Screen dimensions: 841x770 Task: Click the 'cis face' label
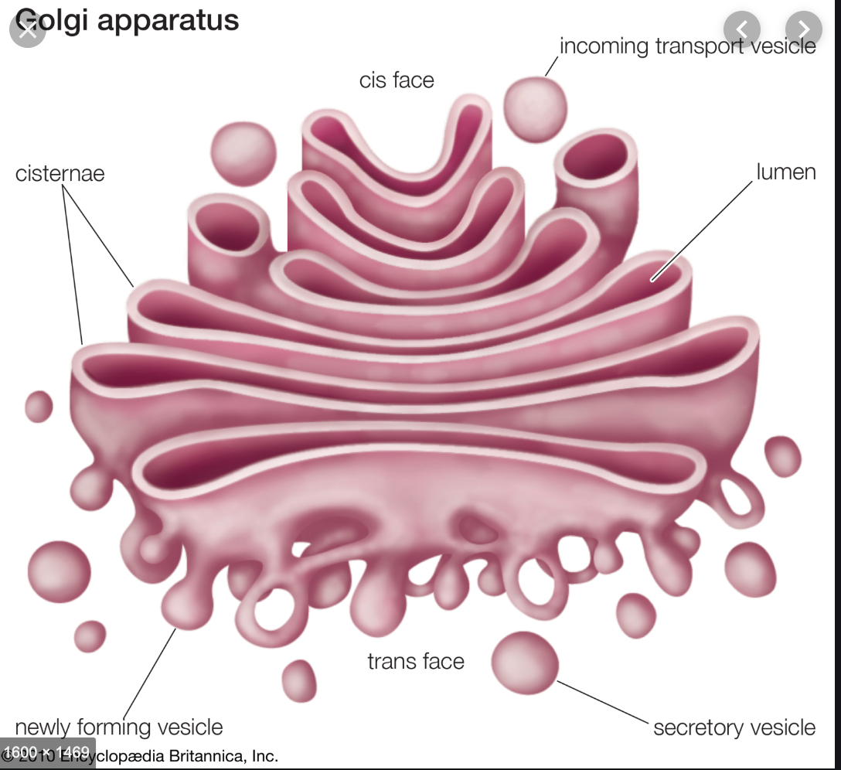(397, 80)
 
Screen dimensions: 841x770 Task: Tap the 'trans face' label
(415, 662)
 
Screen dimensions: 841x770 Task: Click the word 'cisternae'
(60, 173)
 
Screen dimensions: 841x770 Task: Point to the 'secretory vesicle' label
(734, 727)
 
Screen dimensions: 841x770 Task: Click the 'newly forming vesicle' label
(119, 727)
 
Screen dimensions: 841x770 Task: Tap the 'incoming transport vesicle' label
(687, 46)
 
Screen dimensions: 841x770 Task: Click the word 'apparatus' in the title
(169, 19)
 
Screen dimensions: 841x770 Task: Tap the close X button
(28, 30)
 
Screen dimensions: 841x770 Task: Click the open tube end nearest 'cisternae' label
(228, 228)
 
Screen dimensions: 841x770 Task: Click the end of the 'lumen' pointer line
(652, 279)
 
